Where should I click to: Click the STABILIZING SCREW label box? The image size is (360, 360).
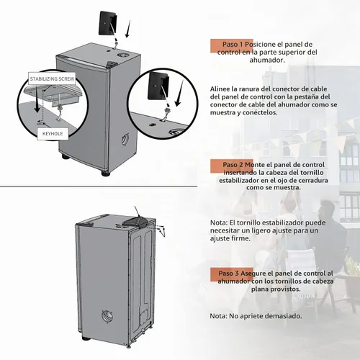click(52, 78)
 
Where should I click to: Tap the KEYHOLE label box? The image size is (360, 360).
click(53, 134)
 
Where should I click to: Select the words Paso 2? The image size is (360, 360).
click(233, 165)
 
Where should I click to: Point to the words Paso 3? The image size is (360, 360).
click(229, 274)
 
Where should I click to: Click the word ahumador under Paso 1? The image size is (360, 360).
click(266, 60)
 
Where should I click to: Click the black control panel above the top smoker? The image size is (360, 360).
click(108, 22)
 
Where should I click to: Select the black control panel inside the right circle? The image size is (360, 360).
click(159, 86)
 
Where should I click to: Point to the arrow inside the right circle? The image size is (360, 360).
click(179, 94)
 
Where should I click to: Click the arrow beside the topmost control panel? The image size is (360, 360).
click(128, 29)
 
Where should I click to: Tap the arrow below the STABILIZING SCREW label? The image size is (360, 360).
click(37, 99)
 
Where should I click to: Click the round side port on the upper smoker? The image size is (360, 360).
click(125, 139)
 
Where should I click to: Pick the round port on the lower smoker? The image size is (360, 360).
click(107, 316)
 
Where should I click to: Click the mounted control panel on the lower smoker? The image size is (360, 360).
click(135, 220)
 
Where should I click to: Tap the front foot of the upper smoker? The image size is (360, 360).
click(105, 173)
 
